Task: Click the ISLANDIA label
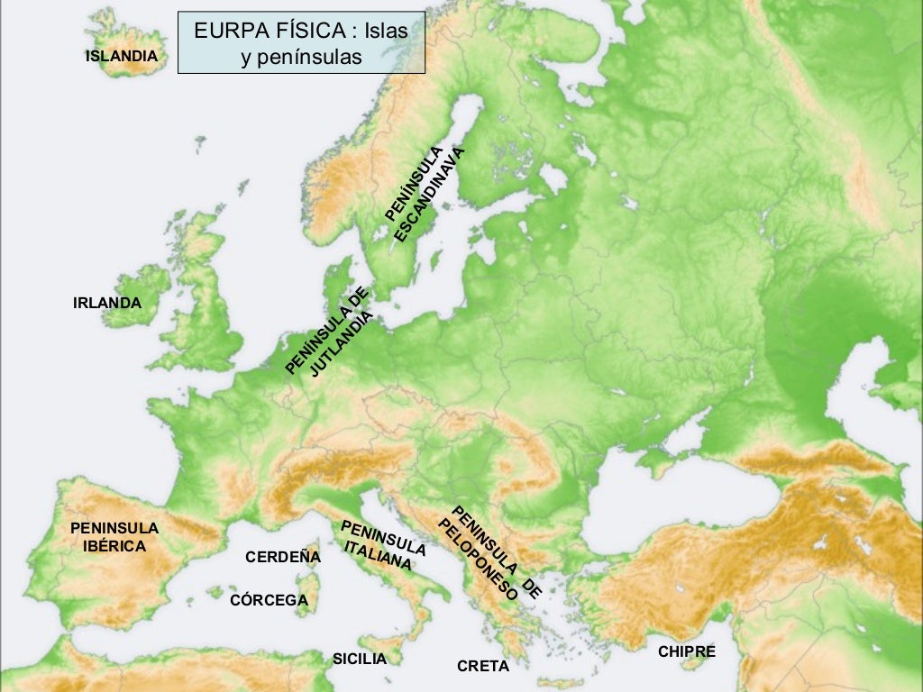pyautogui.click(x=121, y=56)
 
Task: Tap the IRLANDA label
pyautogui.click(x=106, y=303)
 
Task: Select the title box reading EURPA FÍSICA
pyautogui.click(x=300, y=42)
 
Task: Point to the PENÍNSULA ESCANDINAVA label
pyautogui.click(x=423, y=194)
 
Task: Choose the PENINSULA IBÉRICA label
pyautogui.click(x=114, y=537)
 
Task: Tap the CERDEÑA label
pyautogui.click(x=282, y=557)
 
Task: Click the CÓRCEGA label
pyautogui.click(x=269, y=600)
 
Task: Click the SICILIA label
pyautogui.click(x=359, y=659)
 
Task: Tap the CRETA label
pyautogui.click(x=482, y=667)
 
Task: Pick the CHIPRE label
pyautogui.click(x=686, y=651)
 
